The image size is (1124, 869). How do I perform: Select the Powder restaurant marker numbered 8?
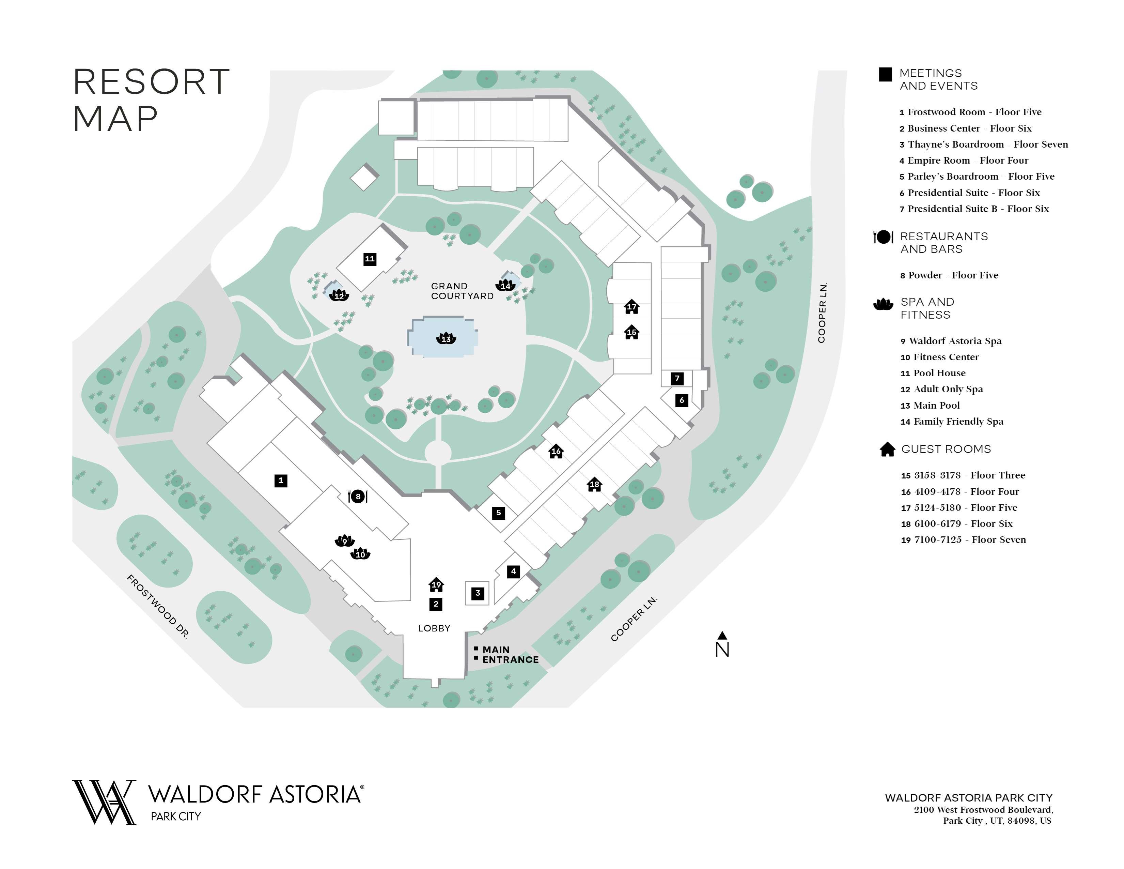click(358, 496)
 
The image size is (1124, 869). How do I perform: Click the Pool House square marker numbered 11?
click(370, 259)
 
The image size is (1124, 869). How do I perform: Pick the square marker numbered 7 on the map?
click(677, 378)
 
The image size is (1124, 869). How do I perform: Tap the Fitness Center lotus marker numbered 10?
click(360, 554)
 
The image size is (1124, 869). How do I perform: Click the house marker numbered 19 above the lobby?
click(436, 584)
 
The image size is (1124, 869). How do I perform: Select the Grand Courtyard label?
click(462, 291)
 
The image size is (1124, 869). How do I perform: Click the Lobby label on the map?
click(434, 628)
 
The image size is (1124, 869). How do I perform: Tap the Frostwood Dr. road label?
click(157, 607)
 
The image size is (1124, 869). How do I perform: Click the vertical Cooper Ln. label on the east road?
click(822, 312)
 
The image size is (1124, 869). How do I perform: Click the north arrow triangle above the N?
click(722, 635)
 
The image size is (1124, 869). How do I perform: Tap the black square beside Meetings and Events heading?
click(885, 75)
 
